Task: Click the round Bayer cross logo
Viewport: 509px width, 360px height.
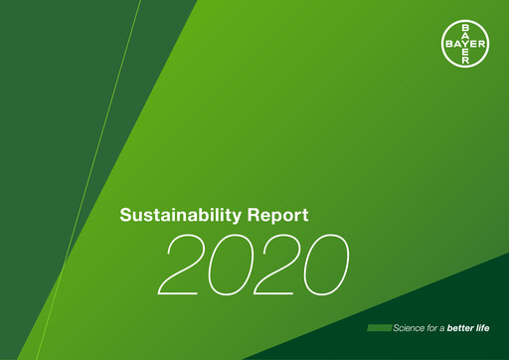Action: click(463, 44)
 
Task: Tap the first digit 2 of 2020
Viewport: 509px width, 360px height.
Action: click(189, 266)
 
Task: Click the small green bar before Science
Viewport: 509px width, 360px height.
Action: click(379, 328)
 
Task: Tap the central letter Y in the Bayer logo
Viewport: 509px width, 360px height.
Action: click(463, 44)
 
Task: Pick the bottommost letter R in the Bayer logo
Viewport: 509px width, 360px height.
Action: click(463, 59)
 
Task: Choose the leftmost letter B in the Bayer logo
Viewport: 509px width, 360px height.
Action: click(448, 44)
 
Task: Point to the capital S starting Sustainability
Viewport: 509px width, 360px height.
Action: click(125, 215)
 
